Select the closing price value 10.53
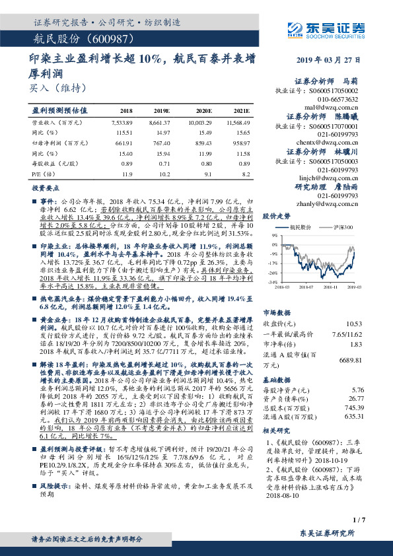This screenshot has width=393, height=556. (355, 324)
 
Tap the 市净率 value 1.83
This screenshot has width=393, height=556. (357, 344)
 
